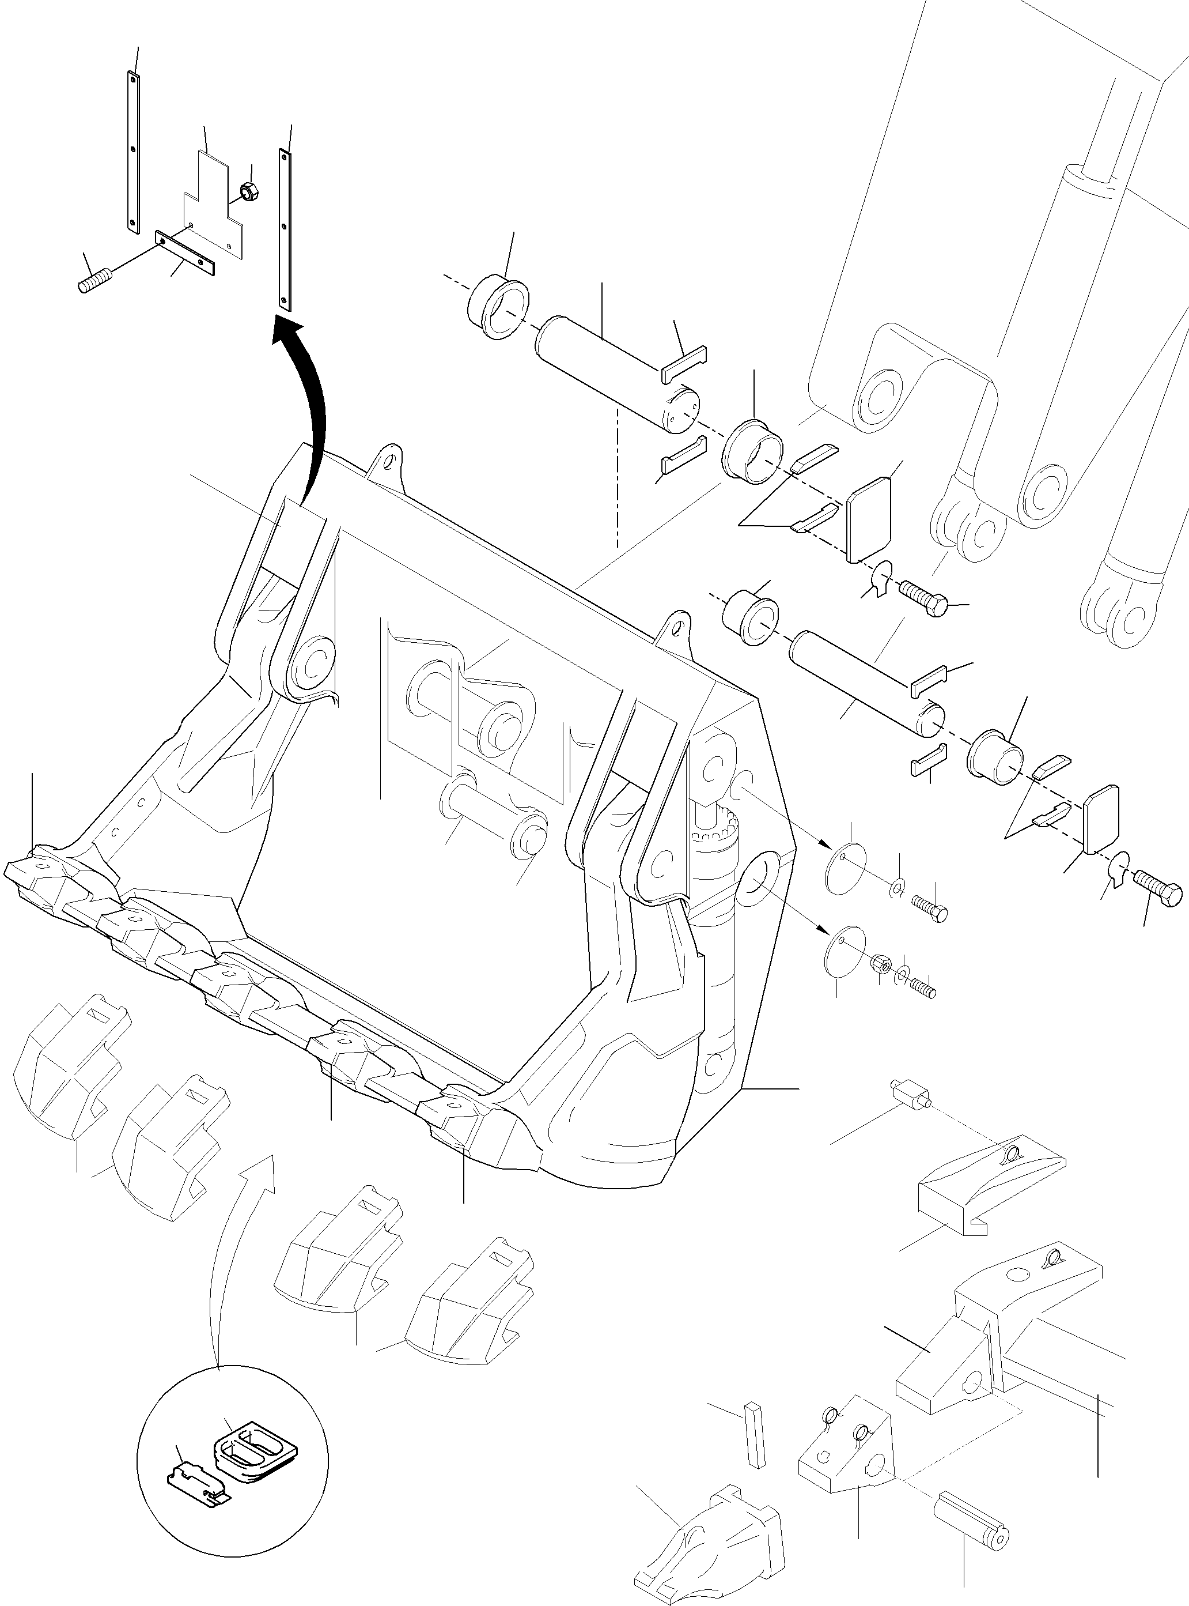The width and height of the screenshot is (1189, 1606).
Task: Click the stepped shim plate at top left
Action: click(213, 205)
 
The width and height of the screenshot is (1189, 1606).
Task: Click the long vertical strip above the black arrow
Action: click(285, 229)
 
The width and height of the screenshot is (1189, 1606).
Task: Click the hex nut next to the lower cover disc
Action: click(882, 964)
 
